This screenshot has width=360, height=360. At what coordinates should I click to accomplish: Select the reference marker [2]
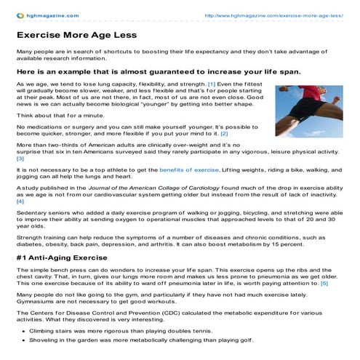[244, 135]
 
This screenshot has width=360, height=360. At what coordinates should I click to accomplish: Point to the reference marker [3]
[20, 158]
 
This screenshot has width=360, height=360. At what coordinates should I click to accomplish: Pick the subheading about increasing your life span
[137, 71]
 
